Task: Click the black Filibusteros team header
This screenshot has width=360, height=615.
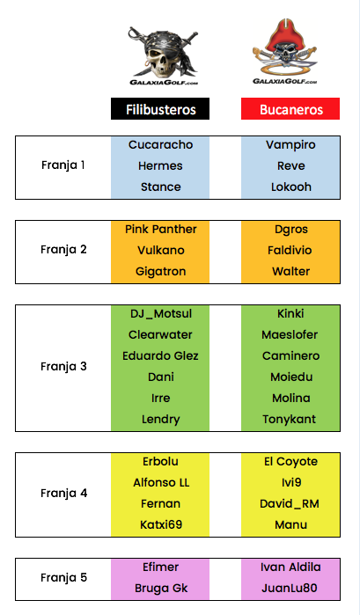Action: coord(160,109)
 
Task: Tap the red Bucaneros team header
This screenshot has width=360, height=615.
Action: coord(290,109)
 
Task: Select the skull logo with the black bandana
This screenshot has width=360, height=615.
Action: coord(164,55)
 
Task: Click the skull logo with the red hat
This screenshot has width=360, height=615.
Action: coord(285,51)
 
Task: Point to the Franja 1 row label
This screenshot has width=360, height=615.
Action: coord(63,165)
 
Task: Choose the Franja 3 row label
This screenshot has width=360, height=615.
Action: coord(63,367)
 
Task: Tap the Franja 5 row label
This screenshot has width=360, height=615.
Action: coord(63,578)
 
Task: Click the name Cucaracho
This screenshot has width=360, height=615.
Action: coord(160,144)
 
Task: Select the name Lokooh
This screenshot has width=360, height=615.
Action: coord(291,187)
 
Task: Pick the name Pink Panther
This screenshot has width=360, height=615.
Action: coord(160,229)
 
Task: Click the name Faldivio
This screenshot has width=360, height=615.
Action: coord(290,250)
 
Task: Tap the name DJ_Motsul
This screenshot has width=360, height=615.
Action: coord(161,314)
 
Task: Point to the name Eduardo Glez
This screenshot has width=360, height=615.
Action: coord(160,355)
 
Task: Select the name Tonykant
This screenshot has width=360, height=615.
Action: coord(290,420)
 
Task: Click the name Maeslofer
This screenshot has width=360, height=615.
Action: coord(290,334)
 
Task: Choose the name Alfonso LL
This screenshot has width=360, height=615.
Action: coord(161,482)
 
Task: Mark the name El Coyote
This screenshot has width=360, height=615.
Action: coord(291,462)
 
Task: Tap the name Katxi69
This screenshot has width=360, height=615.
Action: coord(161,524)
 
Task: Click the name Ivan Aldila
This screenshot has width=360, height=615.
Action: coord(290,567)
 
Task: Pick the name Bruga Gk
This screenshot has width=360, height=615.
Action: coord(161,589)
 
